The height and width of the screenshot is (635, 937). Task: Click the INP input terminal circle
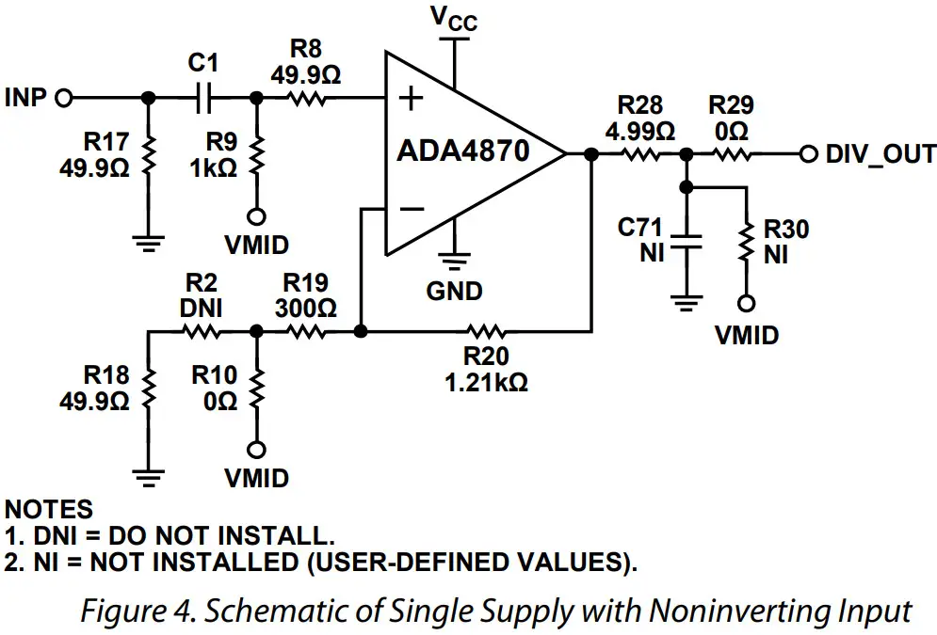(65, 98)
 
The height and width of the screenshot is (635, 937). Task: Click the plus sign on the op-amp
(412, 99)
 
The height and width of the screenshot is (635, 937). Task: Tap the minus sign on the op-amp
(412, 209)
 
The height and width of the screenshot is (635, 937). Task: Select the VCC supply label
(453, 18)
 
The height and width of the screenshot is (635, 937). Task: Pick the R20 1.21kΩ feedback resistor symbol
(487, 331)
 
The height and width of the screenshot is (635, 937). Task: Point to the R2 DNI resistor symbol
(201, 331)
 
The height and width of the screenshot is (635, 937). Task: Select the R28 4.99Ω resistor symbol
(643, 154)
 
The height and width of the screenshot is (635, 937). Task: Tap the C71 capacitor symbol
(688, 241)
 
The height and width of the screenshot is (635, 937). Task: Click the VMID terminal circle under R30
(746, 304)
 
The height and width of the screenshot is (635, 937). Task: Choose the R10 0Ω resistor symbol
(255, 387)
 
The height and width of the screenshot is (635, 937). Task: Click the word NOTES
(49, 509)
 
